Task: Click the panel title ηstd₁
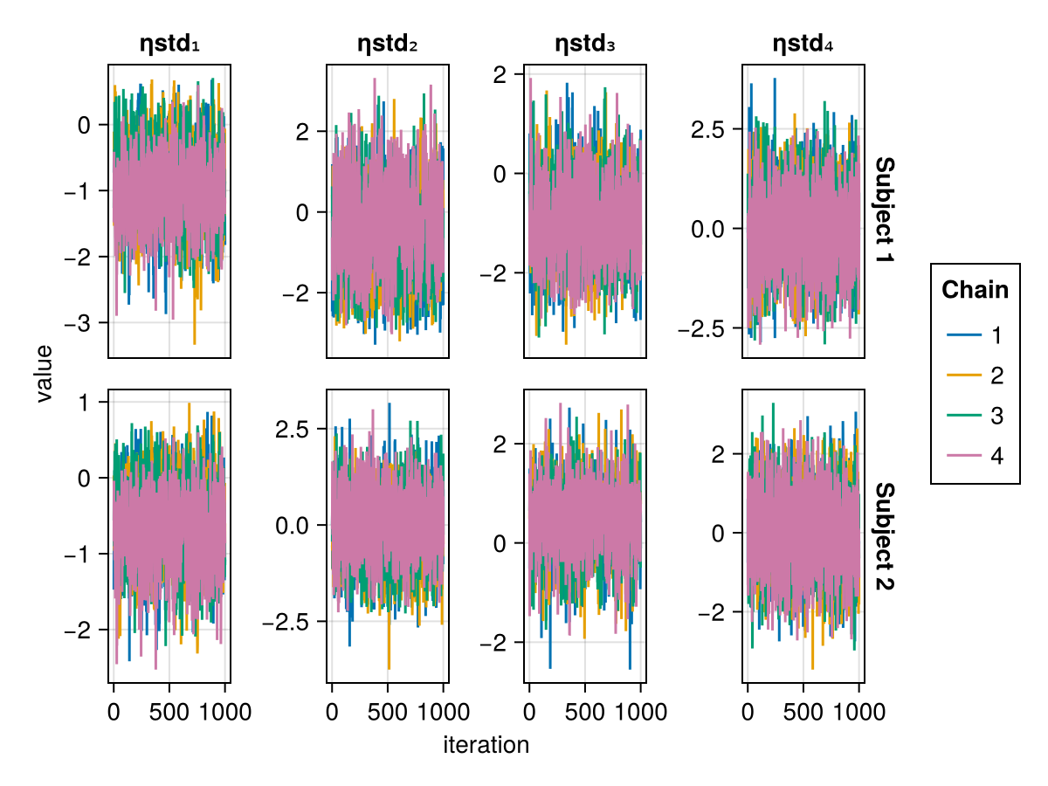coord(169,44)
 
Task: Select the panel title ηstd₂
coord(387,44)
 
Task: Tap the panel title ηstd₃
coord(585,44)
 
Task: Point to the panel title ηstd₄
coord(803,44)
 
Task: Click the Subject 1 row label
coord(885,210)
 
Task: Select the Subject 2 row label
coord(885,536)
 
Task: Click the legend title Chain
coord(975,290)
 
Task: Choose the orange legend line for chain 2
coord(964,376)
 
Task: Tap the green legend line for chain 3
coord(964,415)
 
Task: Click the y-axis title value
coord(44,374)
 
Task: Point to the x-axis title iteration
coord(486,744)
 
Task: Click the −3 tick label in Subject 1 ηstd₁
coord(78,323)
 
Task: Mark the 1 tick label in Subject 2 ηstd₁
coord(84,403)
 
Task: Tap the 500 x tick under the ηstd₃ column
coord(585,712)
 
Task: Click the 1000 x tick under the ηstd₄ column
coord(859,712)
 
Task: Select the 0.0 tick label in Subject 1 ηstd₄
coord(708,229)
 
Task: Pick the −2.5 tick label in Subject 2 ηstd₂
coord(286,621)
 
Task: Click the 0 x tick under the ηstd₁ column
coord(114,712)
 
